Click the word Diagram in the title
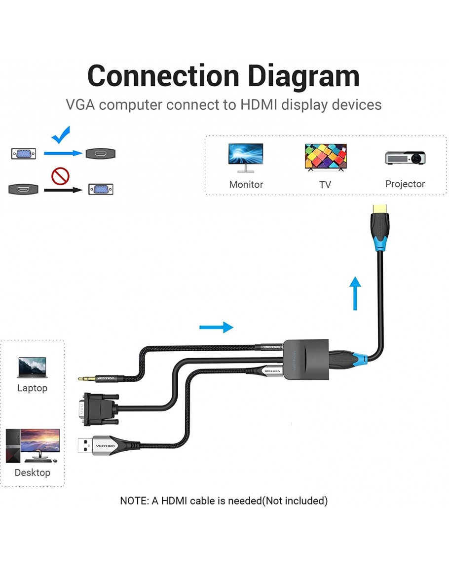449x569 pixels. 303,76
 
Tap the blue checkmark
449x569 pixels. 61,134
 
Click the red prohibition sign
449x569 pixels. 61,175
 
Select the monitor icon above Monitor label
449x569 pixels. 245,157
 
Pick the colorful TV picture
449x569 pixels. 325,157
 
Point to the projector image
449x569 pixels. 405,158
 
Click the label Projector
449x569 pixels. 405,184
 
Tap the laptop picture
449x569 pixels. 32,368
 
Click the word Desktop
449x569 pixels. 33,472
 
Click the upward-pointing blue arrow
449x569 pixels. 355,293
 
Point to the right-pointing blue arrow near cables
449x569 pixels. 216,327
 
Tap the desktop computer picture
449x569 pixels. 33,445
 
